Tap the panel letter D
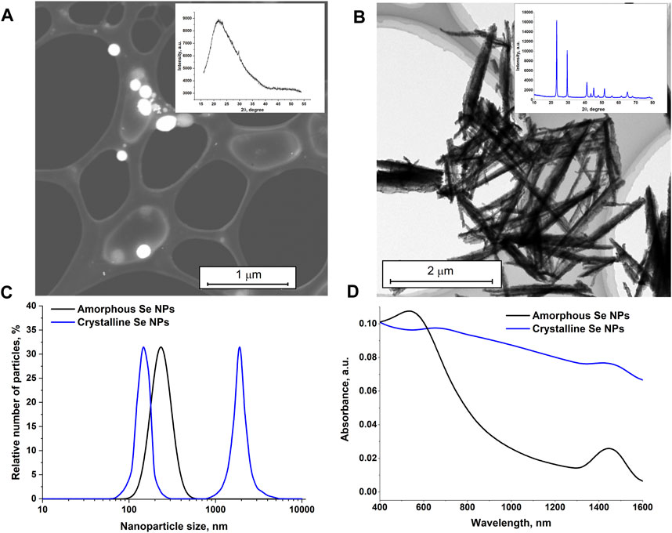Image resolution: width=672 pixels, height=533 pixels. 352,292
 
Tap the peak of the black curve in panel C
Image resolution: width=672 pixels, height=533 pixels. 161,347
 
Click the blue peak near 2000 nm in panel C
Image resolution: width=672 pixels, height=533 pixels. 240,347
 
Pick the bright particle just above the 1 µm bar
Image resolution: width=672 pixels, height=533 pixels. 143,252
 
